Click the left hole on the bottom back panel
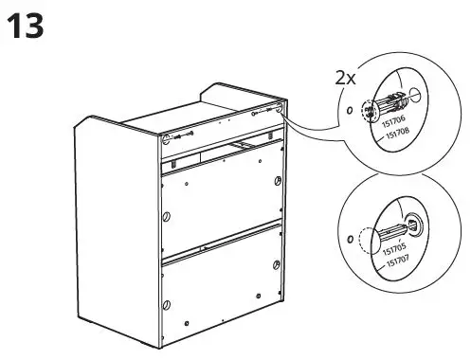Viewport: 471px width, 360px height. point(168,304)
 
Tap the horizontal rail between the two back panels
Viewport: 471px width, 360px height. point(223,241)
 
